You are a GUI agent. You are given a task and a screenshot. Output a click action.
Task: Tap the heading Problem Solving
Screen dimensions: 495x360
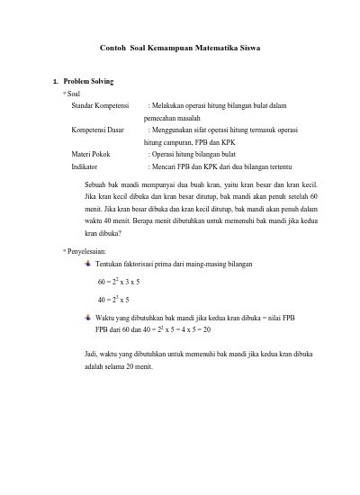[89, 81]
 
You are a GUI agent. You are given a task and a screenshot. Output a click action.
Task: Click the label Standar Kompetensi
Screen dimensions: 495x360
[101, 105]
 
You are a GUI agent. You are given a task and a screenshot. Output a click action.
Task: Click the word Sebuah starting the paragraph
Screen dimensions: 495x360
[96, 184]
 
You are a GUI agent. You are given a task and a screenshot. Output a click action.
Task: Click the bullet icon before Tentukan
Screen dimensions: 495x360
[87, 264]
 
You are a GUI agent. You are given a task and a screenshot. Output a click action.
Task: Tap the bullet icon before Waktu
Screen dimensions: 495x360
[87, 318]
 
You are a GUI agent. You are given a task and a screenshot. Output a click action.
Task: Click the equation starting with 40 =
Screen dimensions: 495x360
[113, 299]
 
